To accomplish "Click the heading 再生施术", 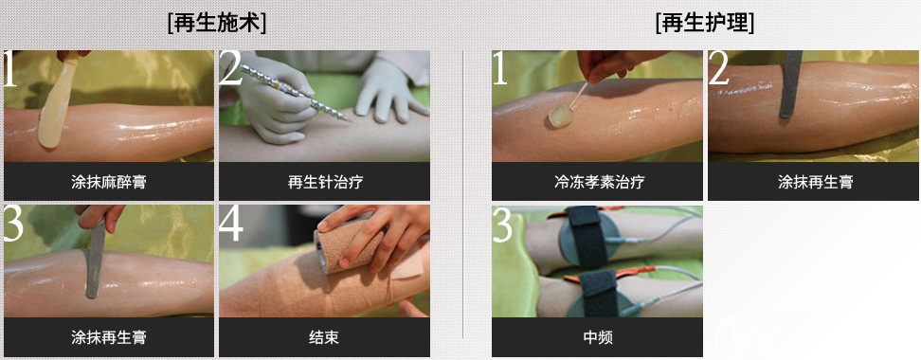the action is (x=216, y=23).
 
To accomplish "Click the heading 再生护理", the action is (x=705, y=23).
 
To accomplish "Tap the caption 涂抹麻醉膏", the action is (x=109, y=182).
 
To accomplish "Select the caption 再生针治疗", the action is (x=325, y=182).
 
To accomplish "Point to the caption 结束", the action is (x=324, y=337).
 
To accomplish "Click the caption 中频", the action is (x=598, y=337).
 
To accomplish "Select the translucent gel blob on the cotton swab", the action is (x=560, y=117).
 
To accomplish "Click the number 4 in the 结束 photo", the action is (x=231, y=224).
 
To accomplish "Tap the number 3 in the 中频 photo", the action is (x=503, y=225).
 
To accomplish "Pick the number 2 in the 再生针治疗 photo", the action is (x=231, y=69).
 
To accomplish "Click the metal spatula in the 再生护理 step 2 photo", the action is (x=790, y=84).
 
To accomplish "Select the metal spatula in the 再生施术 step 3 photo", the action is (x=95, y=258).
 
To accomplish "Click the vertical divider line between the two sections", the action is (x=462, y=194).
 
